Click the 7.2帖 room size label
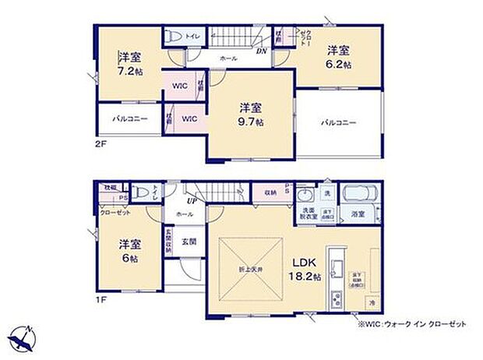click(129, 71)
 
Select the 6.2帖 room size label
click(339, 65)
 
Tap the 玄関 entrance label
click(188, 241)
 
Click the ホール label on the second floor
click(228, 58)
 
